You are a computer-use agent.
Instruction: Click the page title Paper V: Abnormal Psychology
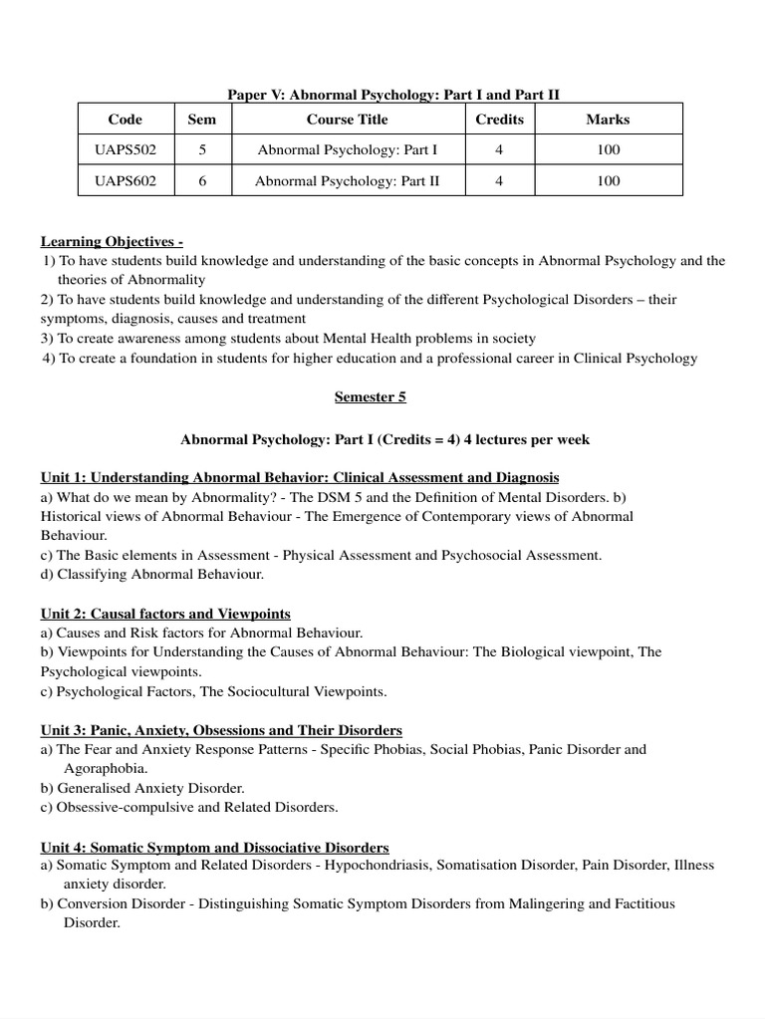(393, 94)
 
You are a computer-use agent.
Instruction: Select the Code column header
(126, 120)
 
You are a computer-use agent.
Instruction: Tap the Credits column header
(499, 120)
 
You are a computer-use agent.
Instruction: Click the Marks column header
(608, 120)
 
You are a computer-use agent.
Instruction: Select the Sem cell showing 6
(202, 181)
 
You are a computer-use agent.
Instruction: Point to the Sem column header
(202, 120)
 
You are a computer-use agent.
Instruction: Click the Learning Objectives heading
(112, 242)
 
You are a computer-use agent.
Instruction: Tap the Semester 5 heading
(370, 396)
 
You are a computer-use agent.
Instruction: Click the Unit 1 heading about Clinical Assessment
(299, 477)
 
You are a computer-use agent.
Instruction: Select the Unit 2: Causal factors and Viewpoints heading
(165, 614)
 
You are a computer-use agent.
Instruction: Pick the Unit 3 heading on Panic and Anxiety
(221, 730)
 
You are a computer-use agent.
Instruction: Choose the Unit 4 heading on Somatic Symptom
(214, 847)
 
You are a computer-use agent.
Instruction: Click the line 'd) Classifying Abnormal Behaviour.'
(152, 574)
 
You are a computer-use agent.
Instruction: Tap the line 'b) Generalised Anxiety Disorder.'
(142, 788)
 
